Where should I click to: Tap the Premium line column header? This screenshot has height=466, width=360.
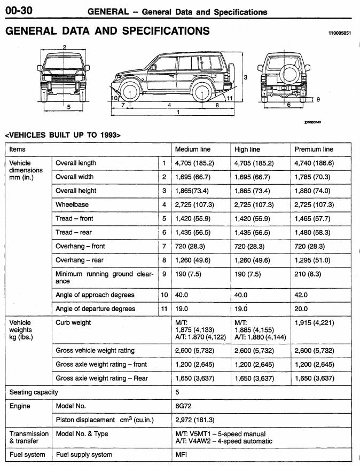click(x=314, y=149)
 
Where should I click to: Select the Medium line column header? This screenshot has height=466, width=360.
click(x=194, y=149)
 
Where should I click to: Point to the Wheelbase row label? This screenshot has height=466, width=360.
click(x=72, y=205)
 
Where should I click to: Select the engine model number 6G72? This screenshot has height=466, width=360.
click(x=184, y=406)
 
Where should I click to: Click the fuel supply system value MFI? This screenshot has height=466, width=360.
click(x=182, y=455)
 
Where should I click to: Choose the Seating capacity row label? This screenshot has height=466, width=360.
click(x=34, y=392)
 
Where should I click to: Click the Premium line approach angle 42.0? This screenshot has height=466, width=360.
click(x=301, y=295)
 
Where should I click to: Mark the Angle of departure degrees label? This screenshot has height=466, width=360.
click(x=96, y=309)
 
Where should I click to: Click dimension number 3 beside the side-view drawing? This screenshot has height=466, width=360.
click(x=245, y=77)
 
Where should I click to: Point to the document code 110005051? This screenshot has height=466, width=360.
click(x=340, y=33)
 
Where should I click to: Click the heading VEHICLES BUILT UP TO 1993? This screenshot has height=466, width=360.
click(x=62, y=135)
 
